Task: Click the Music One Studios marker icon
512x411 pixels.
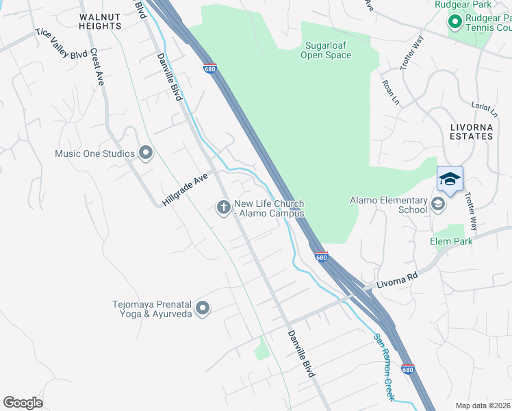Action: click(145, 153)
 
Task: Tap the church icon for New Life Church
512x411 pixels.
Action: click(224, 207)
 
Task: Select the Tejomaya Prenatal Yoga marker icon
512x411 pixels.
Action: click(202, 309)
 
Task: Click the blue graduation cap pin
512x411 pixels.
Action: click(450, 179)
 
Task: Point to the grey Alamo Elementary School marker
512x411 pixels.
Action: click(438, 204)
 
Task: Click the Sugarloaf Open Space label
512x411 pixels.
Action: click(326, 51)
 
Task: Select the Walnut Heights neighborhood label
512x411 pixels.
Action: click(101, 21)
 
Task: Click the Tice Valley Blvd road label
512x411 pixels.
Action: click(62, 44)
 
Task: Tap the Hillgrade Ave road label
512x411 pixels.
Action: click(185, 190)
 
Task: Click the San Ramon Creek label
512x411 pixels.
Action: click(384, 366)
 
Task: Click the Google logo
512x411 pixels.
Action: click(23, 403)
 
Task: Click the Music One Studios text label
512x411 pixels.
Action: click(94, 153)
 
